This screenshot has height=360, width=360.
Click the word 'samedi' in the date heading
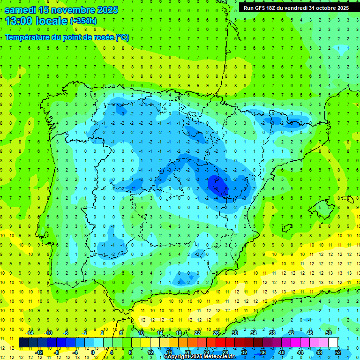point(20,10)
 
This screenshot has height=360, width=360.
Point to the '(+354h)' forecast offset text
point(83,21)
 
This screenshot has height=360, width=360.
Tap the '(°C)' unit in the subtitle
point(122,37)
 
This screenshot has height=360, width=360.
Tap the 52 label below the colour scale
point(338,352)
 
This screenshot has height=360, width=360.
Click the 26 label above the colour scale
point(216,333)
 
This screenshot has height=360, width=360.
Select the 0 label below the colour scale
point(93,352)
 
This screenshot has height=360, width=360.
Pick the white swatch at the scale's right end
point(333,343)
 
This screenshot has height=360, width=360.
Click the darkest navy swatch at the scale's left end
point(23,343)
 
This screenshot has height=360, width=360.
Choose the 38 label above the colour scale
point(272,333)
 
